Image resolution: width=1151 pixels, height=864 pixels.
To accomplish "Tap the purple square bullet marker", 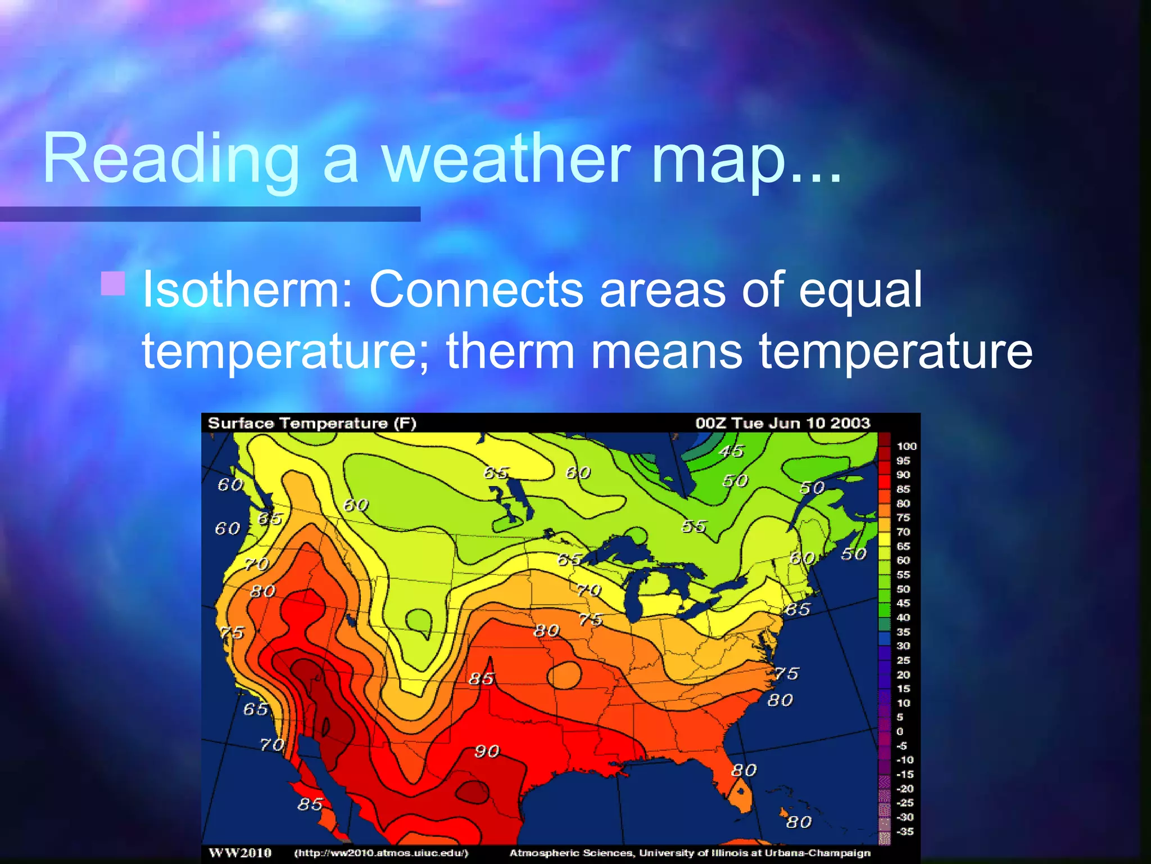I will pos(113,283).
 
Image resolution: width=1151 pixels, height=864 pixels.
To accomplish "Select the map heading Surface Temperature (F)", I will pos(312,424).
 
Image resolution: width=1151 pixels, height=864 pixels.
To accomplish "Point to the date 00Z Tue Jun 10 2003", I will pos(782,423).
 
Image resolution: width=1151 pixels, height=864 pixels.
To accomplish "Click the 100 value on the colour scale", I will pos(906,446).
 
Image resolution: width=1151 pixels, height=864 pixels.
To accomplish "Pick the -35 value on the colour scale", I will pos(905,831).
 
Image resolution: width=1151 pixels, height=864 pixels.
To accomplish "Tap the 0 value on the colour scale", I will pos(900,731).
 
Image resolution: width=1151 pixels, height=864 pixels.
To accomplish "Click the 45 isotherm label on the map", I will pos(731,451).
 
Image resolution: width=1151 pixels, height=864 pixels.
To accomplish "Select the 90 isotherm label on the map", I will pos(487,751).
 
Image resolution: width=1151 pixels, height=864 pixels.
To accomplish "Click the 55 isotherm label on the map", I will pos(694,526).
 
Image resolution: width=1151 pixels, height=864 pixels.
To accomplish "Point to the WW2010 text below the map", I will pos(240,853).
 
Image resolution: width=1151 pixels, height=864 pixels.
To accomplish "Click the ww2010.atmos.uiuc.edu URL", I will pos(381,853).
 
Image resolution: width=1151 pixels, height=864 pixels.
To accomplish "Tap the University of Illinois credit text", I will pos(690,853).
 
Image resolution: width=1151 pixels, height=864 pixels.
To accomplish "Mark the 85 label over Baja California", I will pos(310,804).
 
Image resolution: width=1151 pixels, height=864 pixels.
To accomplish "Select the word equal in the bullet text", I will pos(860,290).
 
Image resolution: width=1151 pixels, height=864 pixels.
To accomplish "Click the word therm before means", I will pos(510,352).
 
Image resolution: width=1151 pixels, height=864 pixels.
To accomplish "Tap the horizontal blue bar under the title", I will pos(210,214).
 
